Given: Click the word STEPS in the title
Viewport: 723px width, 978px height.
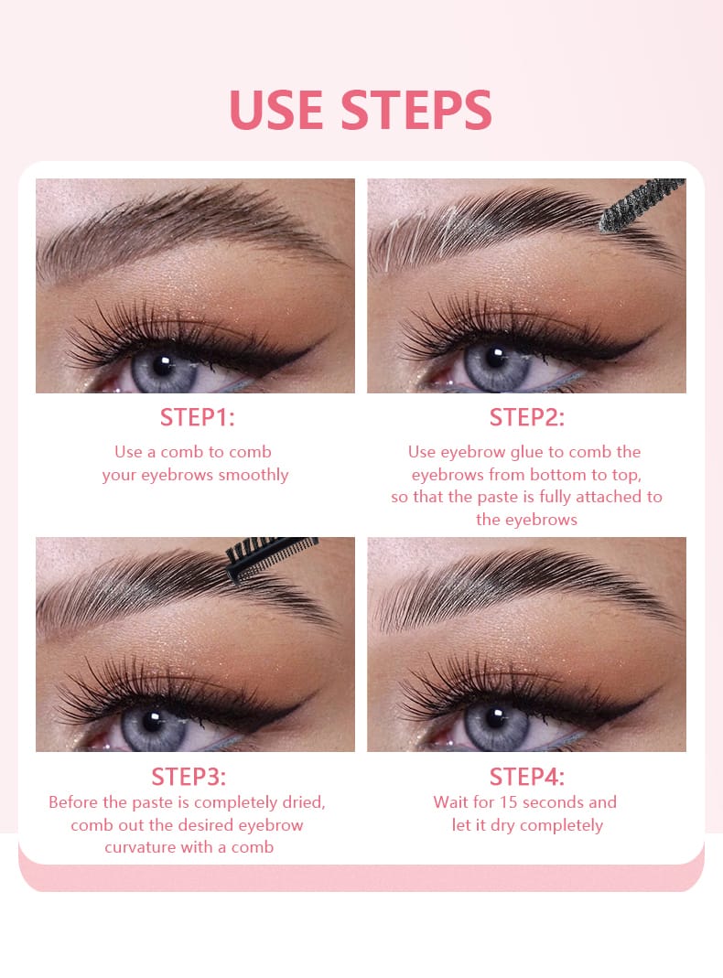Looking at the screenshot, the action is (416, 109).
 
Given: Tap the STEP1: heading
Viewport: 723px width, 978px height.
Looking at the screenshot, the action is (197, 417).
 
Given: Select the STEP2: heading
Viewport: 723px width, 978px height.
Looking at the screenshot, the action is (526, 417).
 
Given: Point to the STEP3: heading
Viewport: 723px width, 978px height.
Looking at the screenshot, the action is (189, 777).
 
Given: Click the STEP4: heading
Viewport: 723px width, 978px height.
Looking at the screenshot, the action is (526, 777).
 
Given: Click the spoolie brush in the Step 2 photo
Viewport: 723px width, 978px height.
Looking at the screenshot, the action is (642, 204).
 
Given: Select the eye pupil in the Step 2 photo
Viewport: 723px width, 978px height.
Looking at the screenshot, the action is (496, 358).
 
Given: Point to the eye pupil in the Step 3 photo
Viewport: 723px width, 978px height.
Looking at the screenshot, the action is (152, 722).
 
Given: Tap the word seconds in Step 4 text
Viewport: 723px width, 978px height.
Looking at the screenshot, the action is (553, 802).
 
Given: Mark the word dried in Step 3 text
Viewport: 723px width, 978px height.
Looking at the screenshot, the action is (305, 802).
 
